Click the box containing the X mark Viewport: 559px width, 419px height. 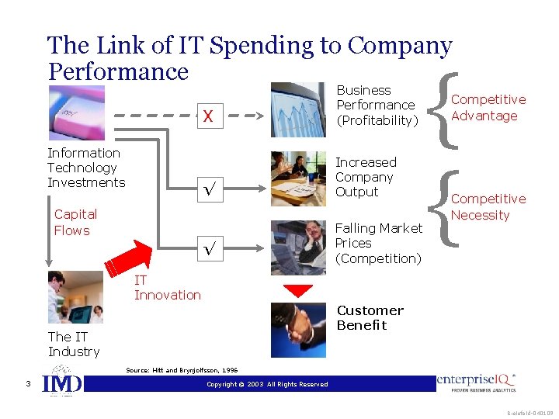207,116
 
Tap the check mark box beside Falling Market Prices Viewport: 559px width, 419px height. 207,249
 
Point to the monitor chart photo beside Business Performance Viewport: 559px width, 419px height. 298,109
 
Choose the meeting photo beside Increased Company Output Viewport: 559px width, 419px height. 299,178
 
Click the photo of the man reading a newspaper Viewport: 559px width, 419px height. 299,247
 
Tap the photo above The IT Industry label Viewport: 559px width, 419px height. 75,297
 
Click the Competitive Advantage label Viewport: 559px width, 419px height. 488,108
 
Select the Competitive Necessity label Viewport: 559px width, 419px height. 488,207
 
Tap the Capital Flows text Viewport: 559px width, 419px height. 75,223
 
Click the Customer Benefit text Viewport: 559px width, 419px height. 370,318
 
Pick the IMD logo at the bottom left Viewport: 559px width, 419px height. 61,384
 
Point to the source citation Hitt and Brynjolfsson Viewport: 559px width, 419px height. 182,371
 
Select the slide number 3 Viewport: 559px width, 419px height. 27,383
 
